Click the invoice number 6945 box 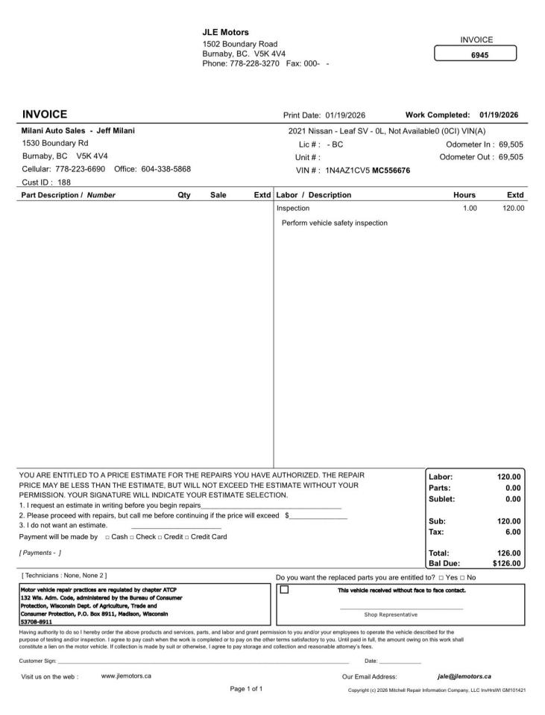coord(475,54)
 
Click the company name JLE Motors coord(226,32)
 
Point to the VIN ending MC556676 coord(391,170)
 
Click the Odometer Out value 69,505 coord(511,157)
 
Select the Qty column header coord(183,195)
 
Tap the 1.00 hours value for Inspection coord(469,209)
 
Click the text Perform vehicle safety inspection coord(335,223)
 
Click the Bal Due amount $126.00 coord(507,564)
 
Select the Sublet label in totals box coord(442,499)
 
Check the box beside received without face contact coord(284,590)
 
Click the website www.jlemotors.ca coord(126,676)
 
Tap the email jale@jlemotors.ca coord(464,676)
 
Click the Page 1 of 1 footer coord(246,689)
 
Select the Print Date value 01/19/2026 coord(345,115)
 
